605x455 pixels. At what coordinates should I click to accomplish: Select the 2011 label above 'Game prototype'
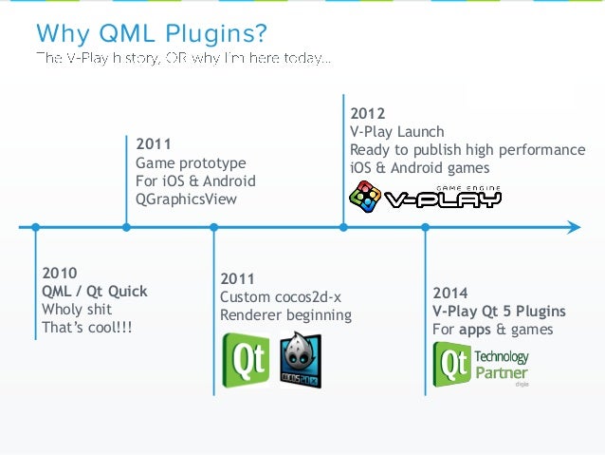(154, 145)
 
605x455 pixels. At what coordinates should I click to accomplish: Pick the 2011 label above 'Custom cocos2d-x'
(238, 279)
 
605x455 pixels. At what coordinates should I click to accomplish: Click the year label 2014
(450, 293)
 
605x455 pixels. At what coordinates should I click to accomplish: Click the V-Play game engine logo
(425, 197)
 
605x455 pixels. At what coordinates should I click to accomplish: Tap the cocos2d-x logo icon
(301, 360)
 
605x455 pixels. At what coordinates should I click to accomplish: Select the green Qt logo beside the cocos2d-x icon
(246, 360)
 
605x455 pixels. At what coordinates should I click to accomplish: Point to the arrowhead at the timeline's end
(573, 227)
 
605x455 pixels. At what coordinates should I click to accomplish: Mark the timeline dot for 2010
(35, 227)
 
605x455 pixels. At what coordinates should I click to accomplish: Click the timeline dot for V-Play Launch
(343, 227)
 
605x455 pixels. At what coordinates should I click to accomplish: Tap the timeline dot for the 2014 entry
(426, 227)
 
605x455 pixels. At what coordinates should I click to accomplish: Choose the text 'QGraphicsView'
(187, 199)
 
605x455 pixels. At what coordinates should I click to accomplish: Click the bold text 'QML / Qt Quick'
(94, 291)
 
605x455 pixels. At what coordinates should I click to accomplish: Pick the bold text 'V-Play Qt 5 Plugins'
(499, 311)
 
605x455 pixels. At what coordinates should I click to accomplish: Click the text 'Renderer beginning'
(285, 315)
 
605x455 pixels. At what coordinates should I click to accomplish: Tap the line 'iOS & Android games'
(420, 168)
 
